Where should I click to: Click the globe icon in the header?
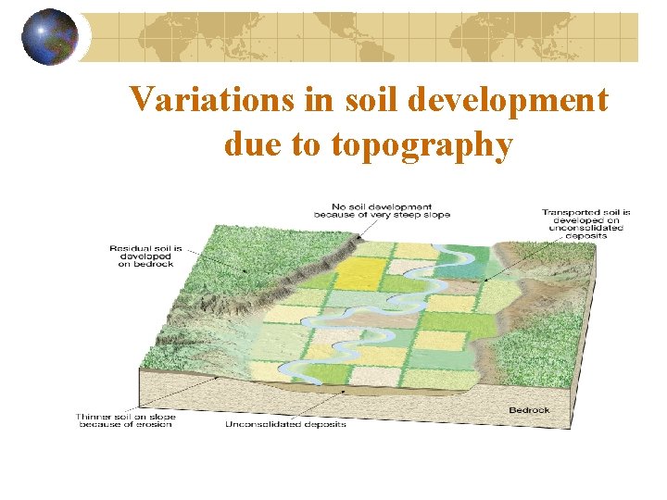tap(49, 36)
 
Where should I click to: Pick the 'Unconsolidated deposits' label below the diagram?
tap(285, 425)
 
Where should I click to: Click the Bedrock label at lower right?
tap(529, 410)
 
